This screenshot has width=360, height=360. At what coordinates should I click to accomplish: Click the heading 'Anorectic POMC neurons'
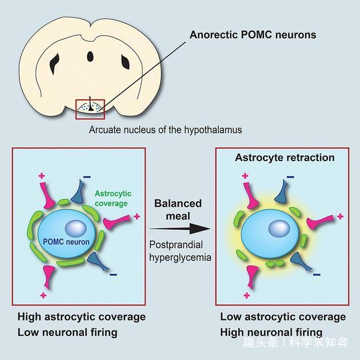tap(253, 35)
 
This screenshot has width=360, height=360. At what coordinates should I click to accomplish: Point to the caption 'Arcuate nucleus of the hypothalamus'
tap(165, 130)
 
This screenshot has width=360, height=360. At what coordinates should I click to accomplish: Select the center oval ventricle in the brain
tap(90, 57)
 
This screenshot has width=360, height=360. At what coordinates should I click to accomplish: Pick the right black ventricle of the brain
tap(126, 62)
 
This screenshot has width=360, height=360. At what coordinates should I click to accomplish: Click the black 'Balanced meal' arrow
tap(180, 229)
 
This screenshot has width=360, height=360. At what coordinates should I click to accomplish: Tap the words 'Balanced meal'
tap(178, 210)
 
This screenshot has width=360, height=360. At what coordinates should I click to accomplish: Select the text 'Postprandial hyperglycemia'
tap(180, 251)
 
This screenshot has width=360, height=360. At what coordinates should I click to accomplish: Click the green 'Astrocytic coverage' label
tap(113, 198)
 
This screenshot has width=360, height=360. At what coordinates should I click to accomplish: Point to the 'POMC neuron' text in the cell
tap(66, 242)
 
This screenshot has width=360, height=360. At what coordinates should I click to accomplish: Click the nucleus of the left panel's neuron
tap(75, 229)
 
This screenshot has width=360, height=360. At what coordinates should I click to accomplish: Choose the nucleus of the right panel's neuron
tap(279, 229)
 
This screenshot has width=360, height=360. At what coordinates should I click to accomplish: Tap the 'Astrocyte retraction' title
tap(285, 158)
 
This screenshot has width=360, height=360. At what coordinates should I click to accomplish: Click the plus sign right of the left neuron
tap(137, 216)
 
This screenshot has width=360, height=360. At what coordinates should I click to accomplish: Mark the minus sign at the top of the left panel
tap(87, 177)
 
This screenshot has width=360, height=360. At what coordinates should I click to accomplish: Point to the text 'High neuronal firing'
tap(271, 332)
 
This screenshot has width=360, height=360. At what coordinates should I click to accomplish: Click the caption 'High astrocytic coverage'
tap(82, 317)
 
